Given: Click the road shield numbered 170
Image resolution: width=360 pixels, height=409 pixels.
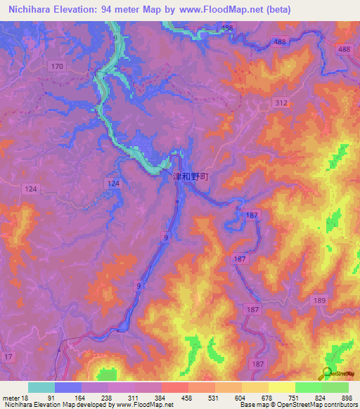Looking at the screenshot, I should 57,66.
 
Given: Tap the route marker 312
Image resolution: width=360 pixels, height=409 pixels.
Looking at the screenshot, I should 281,103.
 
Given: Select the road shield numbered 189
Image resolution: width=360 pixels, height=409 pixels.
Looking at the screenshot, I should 320,300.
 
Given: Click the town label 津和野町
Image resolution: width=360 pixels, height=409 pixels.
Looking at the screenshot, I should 191,178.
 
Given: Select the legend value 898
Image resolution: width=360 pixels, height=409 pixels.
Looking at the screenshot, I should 346,398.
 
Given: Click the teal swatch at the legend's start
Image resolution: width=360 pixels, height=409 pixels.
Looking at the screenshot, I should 41,387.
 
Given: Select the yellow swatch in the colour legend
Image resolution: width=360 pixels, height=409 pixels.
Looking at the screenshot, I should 281,387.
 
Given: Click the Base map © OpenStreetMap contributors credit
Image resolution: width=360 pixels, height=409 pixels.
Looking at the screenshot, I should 297,405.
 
